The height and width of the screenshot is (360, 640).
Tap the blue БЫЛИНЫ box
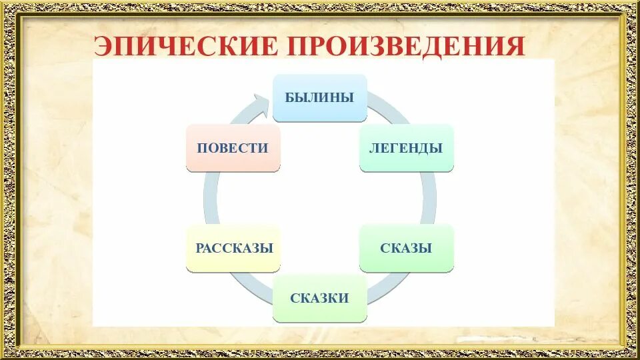pos(319,97)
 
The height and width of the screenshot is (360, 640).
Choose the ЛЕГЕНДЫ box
pos(406,147)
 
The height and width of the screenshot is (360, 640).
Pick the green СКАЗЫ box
pos(406,248)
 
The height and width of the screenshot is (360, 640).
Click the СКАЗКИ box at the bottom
pos(319,298)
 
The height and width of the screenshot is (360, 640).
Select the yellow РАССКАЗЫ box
pos(233,248)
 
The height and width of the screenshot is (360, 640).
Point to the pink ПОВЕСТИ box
pos(233,147)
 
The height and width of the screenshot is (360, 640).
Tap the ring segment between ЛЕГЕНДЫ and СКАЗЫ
pos(429,198)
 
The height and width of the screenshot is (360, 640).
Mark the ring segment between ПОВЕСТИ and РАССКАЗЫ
pos(211,198)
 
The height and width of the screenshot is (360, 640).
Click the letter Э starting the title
pos(104,46)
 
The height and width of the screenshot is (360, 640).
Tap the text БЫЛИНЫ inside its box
pos(319,97)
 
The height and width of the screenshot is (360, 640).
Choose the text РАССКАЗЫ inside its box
pos(233,248)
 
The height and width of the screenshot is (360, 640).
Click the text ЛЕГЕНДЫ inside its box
pos(406,148)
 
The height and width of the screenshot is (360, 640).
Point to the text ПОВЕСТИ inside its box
pos(233,148)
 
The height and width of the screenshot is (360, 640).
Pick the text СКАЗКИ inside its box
pos(319,298)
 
